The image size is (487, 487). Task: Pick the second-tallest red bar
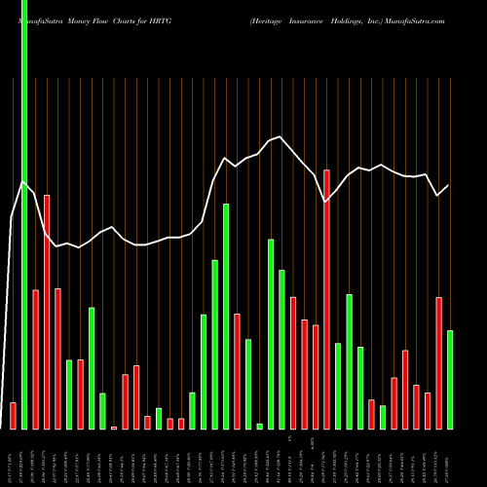47,312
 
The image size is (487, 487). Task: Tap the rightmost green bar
450,380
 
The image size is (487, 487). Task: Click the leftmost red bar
13,416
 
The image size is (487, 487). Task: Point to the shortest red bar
114,428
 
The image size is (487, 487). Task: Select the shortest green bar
259,427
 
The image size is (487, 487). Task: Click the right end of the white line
449,185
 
